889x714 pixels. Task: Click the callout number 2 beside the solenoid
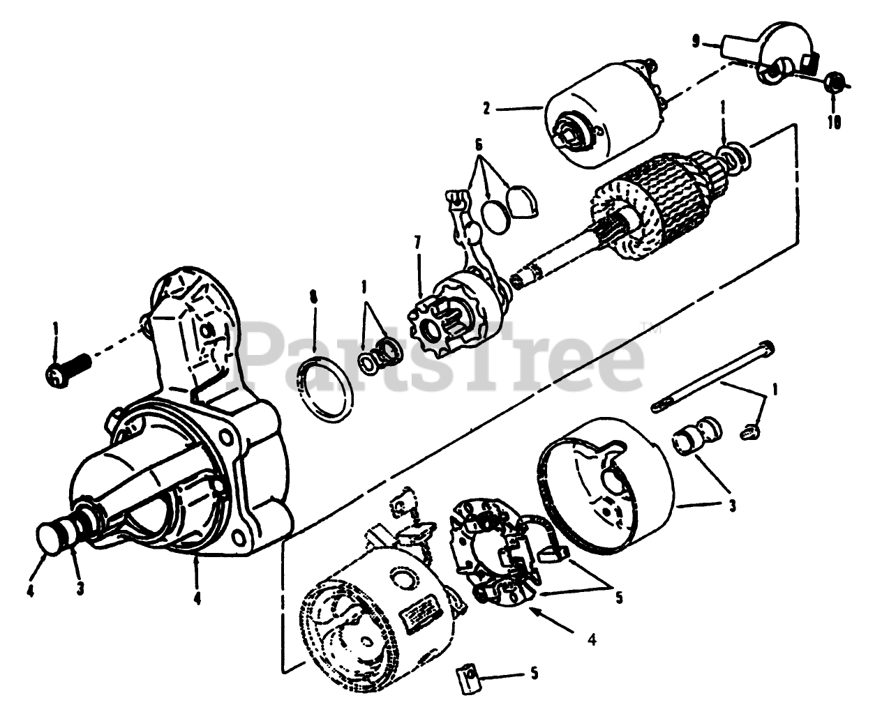pyautogui.click(x=487, y=108)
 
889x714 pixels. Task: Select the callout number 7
pyautogui.click(x=417, y=243)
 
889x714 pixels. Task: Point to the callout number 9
pyautogui.click(x=696, y=42)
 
